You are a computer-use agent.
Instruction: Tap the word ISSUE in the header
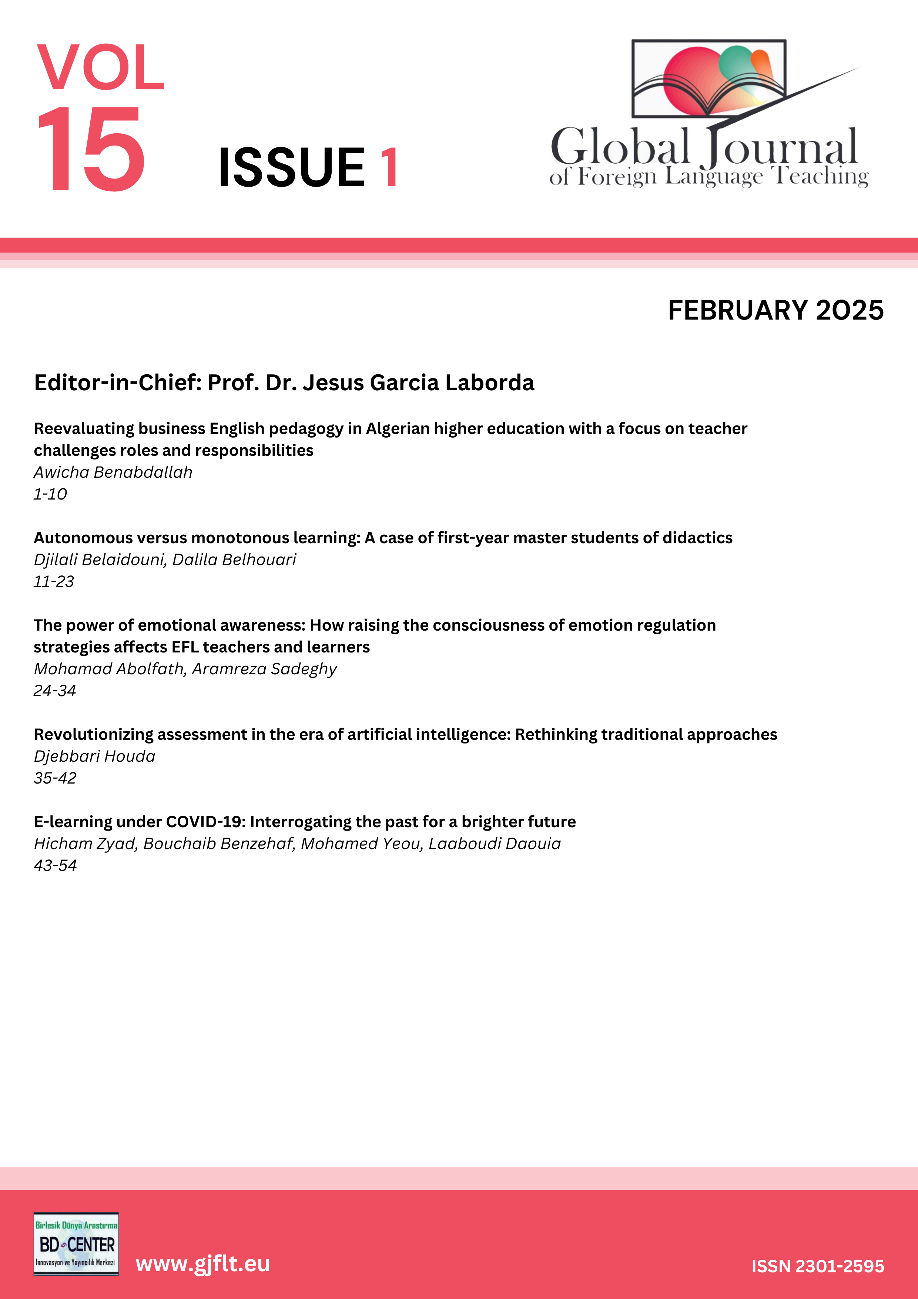click(x=292, y=167)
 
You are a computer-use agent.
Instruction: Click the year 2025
click(x=850, y=311)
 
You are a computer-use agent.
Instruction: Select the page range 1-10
click(x=50, y=494)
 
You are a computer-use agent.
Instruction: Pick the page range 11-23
click(x=54, y=582)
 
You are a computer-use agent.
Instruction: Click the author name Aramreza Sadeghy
click(x=264, y=669)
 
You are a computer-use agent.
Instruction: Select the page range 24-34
click(x=55, y=691)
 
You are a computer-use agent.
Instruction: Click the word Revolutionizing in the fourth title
click(x=93, y=734)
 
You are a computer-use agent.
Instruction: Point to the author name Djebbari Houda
click(x=94, y=757)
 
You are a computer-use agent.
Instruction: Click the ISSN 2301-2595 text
click(x=817, y=1266)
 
